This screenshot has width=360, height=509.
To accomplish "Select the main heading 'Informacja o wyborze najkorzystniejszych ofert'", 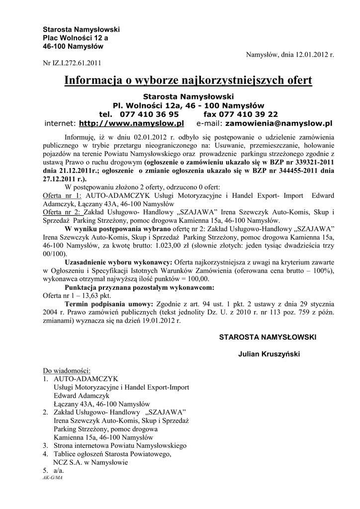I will click(188, 81).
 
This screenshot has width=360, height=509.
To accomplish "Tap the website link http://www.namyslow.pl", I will click(132, 123).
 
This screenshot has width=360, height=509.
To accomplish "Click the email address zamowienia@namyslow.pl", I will click(278, 123).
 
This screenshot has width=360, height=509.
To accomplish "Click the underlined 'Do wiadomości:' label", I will click(66, 371).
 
